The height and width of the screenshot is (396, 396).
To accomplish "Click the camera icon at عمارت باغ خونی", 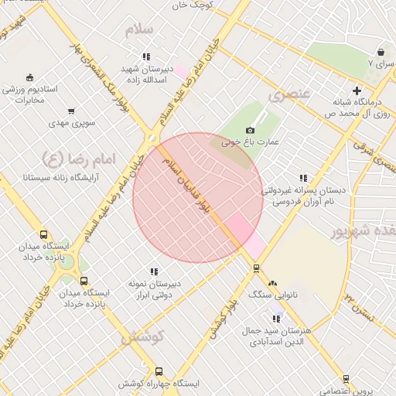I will (x=250, y=131).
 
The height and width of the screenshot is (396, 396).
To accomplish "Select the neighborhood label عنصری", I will (x=288, y=95).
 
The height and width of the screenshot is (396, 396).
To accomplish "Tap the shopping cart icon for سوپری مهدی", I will (x=71, y=111).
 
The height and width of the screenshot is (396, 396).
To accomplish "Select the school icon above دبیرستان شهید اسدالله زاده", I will (x=146, y=56).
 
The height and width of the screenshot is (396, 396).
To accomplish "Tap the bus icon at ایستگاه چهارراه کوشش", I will (x=159, y=371).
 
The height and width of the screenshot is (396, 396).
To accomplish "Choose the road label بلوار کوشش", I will (x=222, y=318).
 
